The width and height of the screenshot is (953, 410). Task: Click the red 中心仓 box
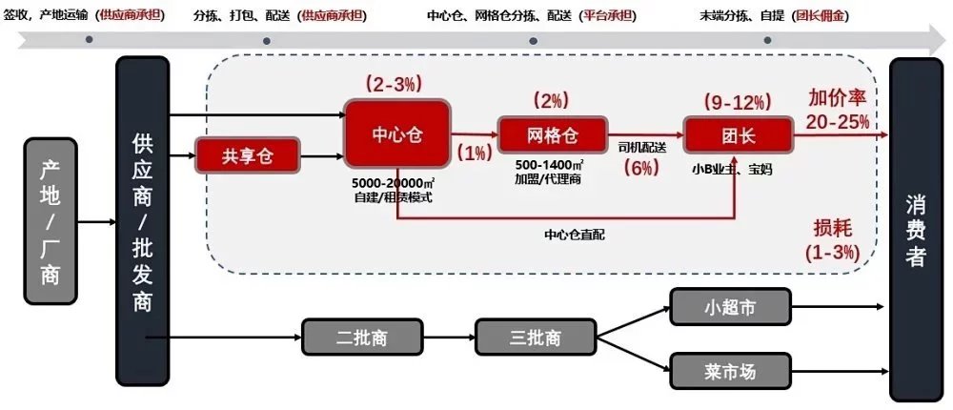tap(397, 133)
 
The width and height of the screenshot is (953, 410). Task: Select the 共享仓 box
tap(248, 155)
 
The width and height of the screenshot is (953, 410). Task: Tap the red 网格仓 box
tap(553, 135)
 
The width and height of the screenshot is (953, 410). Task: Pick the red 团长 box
tap(739, 135)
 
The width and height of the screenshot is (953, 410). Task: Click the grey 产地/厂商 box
tap(51, 221)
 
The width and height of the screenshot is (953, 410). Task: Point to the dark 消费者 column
tap(916, 230)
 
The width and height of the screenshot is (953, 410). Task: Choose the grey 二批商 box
tap(362, 337)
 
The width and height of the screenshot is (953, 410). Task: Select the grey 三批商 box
tap(536, 337)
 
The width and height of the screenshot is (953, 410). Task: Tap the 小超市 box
tap(731, 307)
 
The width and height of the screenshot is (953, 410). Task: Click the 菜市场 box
tap(731, 371)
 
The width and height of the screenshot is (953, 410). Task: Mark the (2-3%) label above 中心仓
tap(394, 83)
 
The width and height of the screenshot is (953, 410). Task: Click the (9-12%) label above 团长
tap(738, 102)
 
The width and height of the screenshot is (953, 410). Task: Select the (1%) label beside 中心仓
tap(475, 153)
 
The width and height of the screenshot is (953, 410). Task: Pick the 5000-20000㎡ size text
tap(393, 183)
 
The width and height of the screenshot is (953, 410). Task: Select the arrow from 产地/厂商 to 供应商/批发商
tap(96, 221)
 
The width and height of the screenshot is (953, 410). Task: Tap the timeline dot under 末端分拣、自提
tap(767, 40)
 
